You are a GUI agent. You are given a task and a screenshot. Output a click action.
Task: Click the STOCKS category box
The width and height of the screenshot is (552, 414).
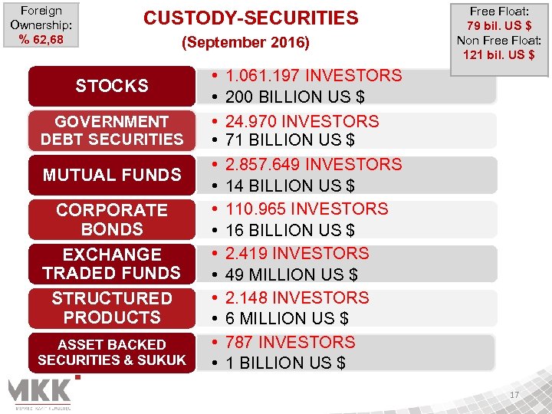(x=112, y=86)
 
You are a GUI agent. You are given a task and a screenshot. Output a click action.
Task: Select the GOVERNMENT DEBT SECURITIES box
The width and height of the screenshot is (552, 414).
(x=112, y=130)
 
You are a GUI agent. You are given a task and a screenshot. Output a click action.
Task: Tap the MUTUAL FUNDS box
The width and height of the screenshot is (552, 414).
(x=112, y=175)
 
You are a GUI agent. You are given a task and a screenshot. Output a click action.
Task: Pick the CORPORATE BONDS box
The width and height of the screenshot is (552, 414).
(x=112, y=219)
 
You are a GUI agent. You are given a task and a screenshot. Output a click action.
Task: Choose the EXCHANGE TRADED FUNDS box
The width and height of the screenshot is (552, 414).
(x=112, y=264)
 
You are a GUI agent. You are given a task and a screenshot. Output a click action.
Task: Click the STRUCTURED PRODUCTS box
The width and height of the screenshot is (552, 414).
(x=112, y=307)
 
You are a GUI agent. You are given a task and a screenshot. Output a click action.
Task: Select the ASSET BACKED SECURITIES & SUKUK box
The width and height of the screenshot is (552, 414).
(x=112, y=353)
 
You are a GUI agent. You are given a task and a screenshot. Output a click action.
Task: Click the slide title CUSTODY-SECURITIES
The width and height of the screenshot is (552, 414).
(x=251, y=18)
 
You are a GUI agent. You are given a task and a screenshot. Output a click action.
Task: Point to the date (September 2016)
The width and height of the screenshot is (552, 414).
(x=245, y=44)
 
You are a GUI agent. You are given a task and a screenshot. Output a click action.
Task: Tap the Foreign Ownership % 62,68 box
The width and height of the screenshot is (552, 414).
(x=41, y=25)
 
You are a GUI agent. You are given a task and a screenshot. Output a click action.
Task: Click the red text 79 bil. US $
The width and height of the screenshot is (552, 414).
(x=499, y=26)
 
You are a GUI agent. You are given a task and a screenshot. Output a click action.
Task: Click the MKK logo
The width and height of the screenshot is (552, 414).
(x=40, y=393)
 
